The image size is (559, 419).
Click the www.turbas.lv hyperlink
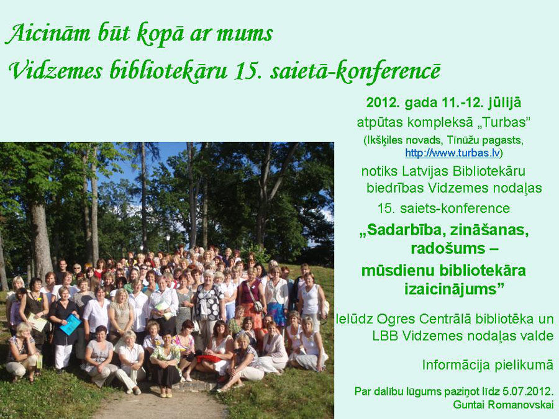(452, 153)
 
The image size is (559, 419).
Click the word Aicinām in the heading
(48, 34)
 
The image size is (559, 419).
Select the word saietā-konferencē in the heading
(355, 71)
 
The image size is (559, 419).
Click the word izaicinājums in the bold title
(454, 289)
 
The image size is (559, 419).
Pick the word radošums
(448, 248)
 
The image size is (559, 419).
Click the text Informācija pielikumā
(488, 365)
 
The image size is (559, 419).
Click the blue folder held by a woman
(71, 324)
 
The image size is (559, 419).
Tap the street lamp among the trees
(168, 241)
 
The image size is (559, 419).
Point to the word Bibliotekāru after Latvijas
(489, 171)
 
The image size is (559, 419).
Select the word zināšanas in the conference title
(488, 230)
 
